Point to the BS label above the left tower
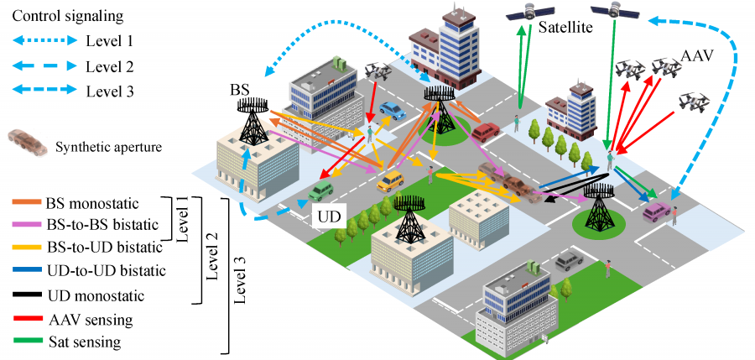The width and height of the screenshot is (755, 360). [x=239, y=90]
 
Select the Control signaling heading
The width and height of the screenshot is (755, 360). [x=67, y=16]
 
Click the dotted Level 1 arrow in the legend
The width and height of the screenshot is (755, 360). [x=44, y=41]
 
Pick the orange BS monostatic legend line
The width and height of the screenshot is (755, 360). [x=26, y=203]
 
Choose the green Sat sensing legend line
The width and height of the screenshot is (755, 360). [x=27, y=342]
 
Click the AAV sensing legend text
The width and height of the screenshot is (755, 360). [x=91, y=319]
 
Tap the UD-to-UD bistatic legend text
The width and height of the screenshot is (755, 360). [x=107, y=271]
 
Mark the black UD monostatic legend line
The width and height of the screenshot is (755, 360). [x=27, y=294]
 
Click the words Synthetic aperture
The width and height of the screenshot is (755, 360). [x=109, y=147]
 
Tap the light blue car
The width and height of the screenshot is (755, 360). [x=393, y=111]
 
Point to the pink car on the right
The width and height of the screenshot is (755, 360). [x=657, y=211]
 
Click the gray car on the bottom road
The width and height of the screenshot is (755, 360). [x=569, y=261]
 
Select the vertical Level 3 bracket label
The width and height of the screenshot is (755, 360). [x=239, y=277]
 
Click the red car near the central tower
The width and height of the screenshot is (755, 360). [x=486, y=131]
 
